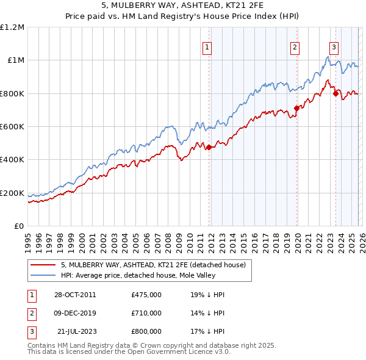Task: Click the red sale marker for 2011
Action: click(x=209, y=147)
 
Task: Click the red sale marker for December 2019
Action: click(x=297, y=108)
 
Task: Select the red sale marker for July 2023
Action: click(x=335, y=93)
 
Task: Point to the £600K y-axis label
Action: click(x=12, y=127)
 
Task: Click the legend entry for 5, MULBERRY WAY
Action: click(x=152, y=265)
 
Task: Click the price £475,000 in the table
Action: click(x=146, y=295)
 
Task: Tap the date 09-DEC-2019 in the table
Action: click(x=74, y=313)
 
